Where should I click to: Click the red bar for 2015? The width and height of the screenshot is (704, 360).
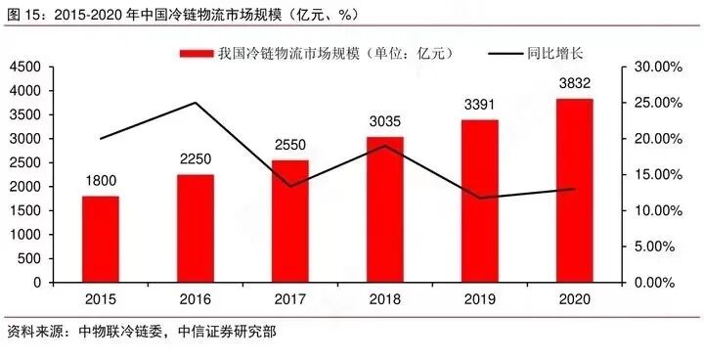pyautogui.click(x=101, y=239)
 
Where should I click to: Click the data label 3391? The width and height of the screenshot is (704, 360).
pyautogui.click(x=480, y=105)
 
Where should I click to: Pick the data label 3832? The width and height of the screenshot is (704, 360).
pyautogui.click(x=575, y=83)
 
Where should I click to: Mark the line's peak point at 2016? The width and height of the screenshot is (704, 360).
pyautogui.click(x=196, y=103)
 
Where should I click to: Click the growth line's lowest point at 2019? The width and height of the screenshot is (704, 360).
pyautogui.click(x=480, y=198)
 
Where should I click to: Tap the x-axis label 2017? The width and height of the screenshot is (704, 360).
pyautogui.click(x=290, y=297)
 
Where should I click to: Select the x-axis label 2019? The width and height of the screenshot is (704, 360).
pyautogui.click(x=480, y=297)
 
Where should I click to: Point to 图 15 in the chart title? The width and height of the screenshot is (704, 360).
pyautogui.click(x=24, y=13)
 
